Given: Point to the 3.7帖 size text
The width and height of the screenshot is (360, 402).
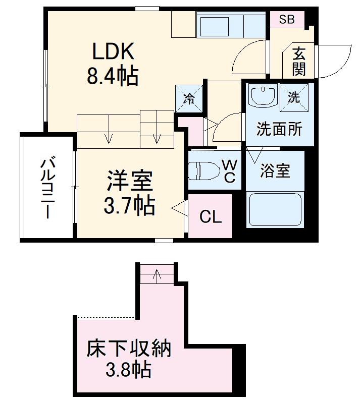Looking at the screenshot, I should click(129, 205).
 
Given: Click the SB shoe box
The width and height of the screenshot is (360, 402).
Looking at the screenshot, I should click(287, 20).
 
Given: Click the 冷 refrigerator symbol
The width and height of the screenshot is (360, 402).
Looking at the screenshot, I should click(189, 98).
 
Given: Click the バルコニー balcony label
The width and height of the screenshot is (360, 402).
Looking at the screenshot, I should click(48, 187).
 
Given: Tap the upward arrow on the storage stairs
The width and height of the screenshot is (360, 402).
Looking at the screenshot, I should click(157, 275).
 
